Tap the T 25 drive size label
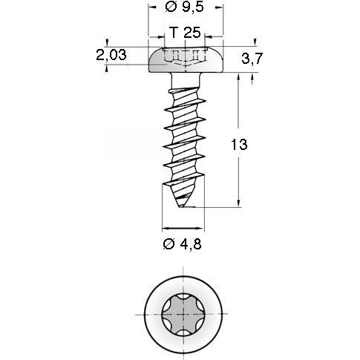click(183, 33)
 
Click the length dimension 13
click(238, 146)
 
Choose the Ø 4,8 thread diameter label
click(183, 243)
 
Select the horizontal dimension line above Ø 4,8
click(183, 226)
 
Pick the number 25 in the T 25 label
click(191, 33)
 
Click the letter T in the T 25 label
click(173, 33)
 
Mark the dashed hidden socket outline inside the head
click(183, 56)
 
